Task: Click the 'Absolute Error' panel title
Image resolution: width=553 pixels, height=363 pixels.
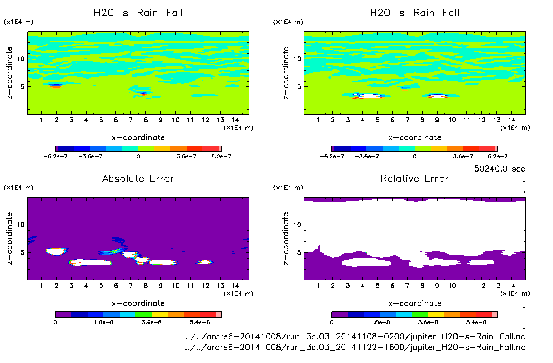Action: [x=138, y=178]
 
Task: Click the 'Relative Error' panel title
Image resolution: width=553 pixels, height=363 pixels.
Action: [x=415, y=178]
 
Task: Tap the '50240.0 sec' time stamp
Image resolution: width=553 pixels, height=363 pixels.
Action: [x=500, y=169]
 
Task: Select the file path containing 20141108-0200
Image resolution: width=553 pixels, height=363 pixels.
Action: [x=355, y=336]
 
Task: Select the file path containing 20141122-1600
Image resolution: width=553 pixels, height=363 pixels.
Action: [x=355, y=347]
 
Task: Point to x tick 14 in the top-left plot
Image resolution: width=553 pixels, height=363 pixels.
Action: [x=235, y=120]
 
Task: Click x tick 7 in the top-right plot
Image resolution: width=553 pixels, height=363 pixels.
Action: [x=407, y=120]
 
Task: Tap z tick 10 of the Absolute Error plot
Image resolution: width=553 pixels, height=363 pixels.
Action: [x=21, y=225]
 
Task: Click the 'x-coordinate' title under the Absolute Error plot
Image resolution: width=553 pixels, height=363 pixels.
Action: [x=138, y=303]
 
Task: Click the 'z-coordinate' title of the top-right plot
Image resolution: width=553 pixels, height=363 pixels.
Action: [x=286, y=73]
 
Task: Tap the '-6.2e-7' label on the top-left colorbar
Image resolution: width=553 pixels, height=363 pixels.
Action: [x=56, y=157]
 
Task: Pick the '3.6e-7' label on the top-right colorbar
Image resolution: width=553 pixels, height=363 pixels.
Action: [x=463, y=157]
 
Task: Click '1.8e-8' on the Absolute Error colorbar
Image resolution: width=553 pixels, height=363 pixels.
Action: [x=103, y=322]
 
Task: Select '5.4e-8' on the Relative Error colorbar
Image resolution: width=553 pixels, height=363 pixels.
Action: [x=476, y=322]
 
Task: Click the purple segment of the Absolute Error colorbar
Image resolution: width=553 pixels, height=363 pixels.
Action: [x=63, y=314]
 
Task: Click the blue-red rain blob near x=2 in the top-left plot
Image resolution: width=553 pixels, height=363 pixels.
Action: [x=55, y=85]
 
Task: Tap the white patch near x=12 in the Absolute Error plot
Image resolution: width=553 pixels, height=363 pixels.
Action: [x=205, y=262]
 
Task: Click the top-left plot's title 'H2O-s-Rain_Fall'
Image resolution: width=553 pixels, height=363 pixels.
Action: [x=138, y=13]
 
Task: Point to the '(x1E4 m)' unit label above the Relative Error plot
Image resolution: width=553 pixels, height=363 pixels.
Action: [x=288, y=188]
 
